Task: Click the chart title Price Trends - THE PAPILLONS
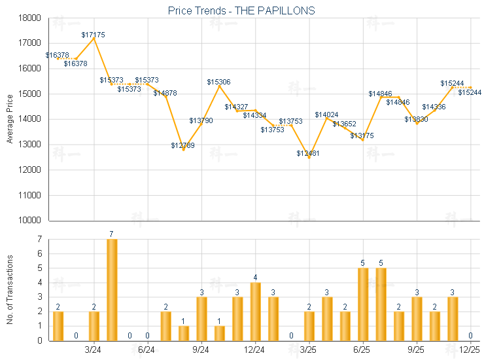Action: click(241, 10)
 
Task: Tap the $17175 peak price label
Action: click(94, 33)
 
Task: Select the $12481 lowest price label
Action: click(308, 153)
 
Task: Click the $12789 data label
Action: click(183, 145)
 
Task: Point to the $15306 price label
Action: click(219, 82)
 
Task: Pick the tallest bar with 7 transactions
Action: click(112, 289)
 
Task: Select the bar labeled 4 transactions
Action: click(255, 311)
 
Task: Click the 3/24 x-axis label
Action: click(94, 350)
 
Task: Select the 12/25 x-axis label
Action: click(470, 350)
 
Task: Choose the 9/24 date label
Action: click(201, 350)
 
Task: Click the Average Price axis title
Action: click(9, 119)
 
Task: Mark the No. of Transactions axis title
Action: click(9, 289)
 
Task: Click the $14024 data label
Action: click(326, 115)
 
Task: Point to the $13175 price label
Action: click(362, 135)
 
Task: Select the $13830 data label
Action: click(416, 119)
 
